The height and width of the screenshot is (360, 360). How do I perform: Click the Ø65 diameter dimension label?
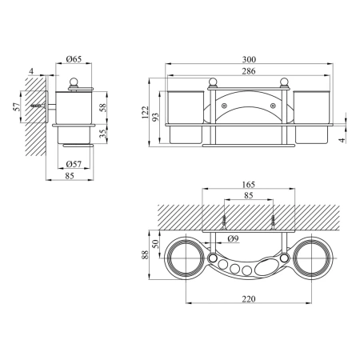tap(74, 59)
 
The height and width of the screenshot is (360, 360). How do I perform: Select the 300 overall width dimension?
tap(249, 59)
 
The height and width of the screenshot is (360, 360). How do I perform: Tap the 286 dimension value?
tap(249, 71)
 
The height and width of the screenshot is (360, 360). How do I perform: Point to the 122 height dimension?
tap(145, 112)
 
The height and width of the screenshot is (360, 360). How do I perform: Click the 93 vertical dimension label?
tap(155, 117)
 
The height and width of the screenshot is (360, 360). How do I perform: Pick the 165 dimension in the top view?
tap(249, 184)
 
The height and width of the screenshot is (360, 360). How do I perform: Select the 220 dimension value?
tap(249, 299)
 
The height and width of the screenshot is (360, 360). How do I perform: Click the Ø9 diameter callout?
tap(234, 238)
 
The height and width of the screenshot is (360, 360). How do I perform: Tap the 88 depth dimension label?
tap(145, 254)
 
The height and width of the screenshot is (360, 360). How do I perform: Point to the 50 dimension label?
tap(155, 244)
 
